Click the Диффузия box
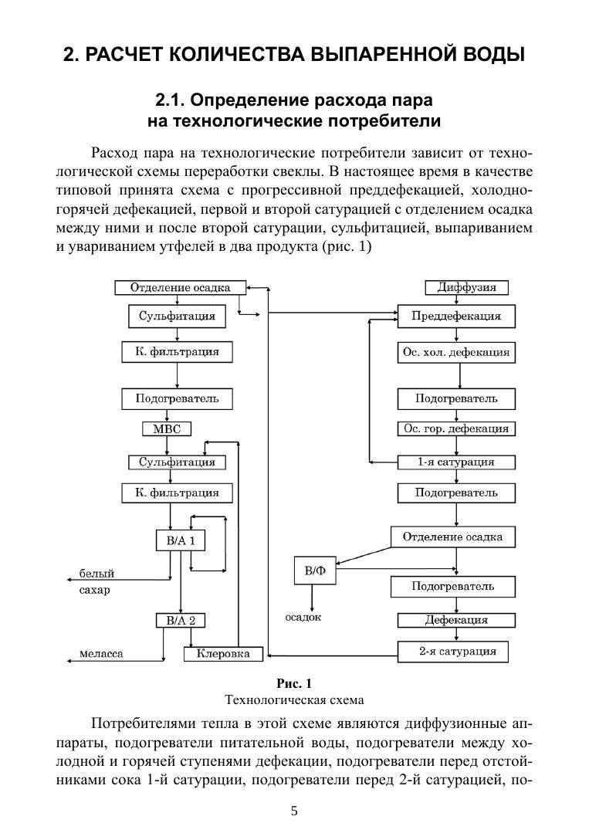point(462,288)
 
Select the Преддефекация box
point(455,317)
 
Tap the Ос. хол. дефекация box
point(455,353)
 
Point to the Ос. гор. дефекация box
point(455,428)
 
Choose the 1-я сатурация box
point(455,462)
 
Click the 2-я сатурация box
point(457,652)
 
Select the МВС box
point(167,429)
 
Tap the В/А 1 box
point(180,540)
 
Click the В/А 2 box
point(180,620)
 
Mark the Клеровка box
point(223,654)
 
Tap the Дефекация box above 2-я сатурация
point(455,620)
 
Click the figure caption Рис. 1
point(294,683)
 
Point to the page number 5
point(294,811)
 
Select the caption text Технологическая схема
point(294,700)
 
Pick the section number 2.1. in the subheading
point(171,100)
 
